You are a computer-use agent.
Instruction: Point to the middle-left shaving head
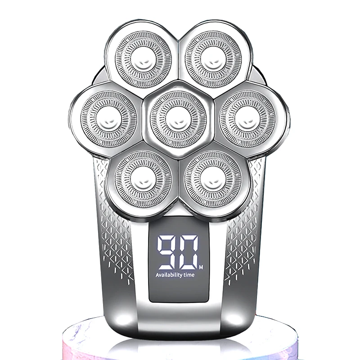click(x=109, y=119)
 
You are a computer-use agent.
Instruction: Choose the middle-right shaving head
click(x=248, y=119)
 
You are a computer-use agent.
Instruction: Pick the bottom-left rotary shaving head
click(x=143, y=179)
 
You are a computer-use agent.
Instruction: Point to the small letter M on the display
click(x=201, y=267)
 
